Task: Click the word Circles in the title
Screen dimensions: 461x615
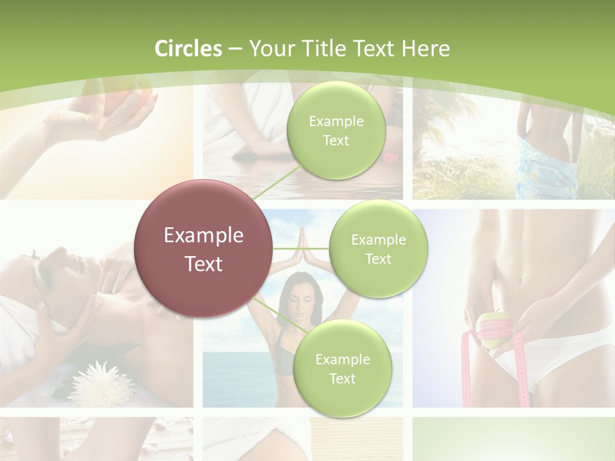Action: point(188,49)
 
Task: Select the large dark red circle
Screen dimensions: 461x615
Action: point(203,248)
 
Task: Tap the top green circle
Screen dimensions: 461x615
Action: point(336,131)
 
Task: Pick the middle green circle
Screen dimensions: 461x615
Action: point(378,249)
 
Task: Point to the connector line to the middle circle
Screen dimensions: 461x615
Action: point(300,248)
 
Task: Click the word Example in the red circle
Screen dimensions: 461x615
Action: point(203,236)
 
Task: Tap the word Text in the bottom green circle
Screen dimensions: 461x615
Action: point(342,378)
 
